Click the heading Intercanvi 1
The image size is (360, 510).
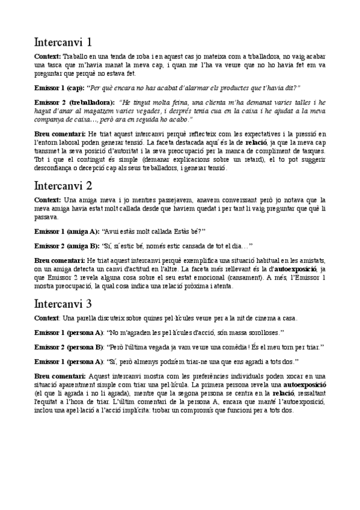(63, 42)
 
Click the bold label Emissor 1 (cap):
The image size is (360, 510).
(60, 87)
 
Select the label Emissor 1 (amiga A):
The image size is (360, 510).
(67, 230)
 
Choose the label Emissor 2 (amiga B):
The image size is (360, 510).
(67, 245)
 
